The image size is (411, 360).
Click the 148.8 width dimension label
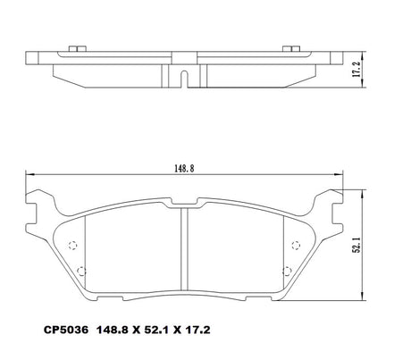(184, 169)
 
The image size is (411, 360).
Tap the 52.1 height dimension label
(356, 245)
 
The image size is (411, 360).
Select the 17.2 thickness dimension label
(356, 70)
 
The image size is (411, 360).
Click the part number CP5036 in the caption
(66, 330)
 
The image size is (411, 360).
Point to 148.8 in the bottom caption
(112, 330)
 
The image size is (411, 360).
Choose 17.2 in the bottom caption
(197, 330)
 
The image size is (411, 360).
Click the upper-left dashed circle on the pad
(72, 245)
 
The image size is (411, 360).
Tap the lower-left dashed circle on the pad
(81, 272)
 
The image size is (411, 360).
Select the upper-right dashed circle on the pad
(296, 245)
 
